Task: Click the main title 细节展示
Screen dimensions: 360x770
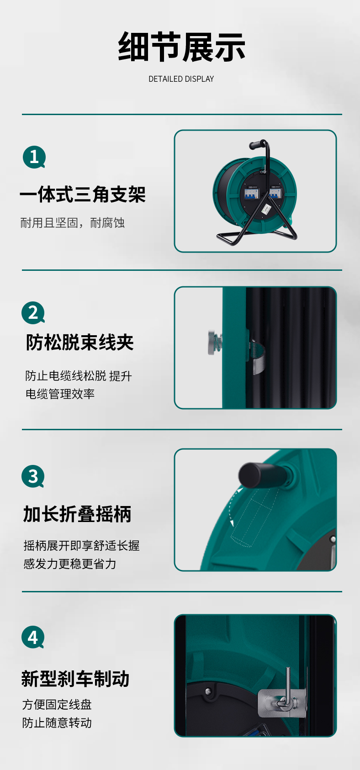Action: [x=181, y=47]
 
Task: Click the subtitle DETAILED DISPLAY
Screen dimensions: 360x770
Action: [x=181, y=79]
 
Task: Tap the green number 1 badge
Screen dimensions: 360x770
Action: [x=34, y=157]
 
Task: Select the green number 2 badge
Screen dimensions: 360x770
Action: [x=33, y=313]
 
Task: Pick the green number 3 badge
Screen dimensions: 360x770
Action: [x=33, y=476]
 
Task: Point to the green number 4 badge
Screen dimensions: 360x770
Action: [x=33, y=637]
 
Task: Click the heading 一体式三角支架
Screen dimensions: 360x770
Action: [x=83, y=194]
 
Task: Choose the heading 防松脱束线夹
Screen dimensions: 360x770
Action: [x=80, y=343]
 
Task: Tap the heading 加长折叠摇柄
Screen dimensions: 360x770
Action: [x=77, y=514]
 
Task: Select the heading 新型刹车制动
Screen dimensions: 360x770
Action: [x=75, y=679]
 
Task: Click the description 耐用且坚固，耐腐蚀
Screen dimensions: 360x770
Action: [x=73, y=223]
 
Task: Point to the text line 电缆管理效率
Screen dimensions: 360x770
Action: [x=60, y=394]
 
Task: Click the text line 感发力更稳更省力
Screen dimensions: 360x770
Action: [x=70, y=564]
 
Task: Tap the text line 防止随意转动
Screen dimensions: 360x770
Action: [x=57, y=723]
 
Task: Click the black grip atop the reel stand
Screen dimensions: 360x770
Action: [x=256, y=144]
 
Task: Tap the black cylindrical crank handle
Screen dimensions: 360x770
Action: [x=260, y=475]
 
